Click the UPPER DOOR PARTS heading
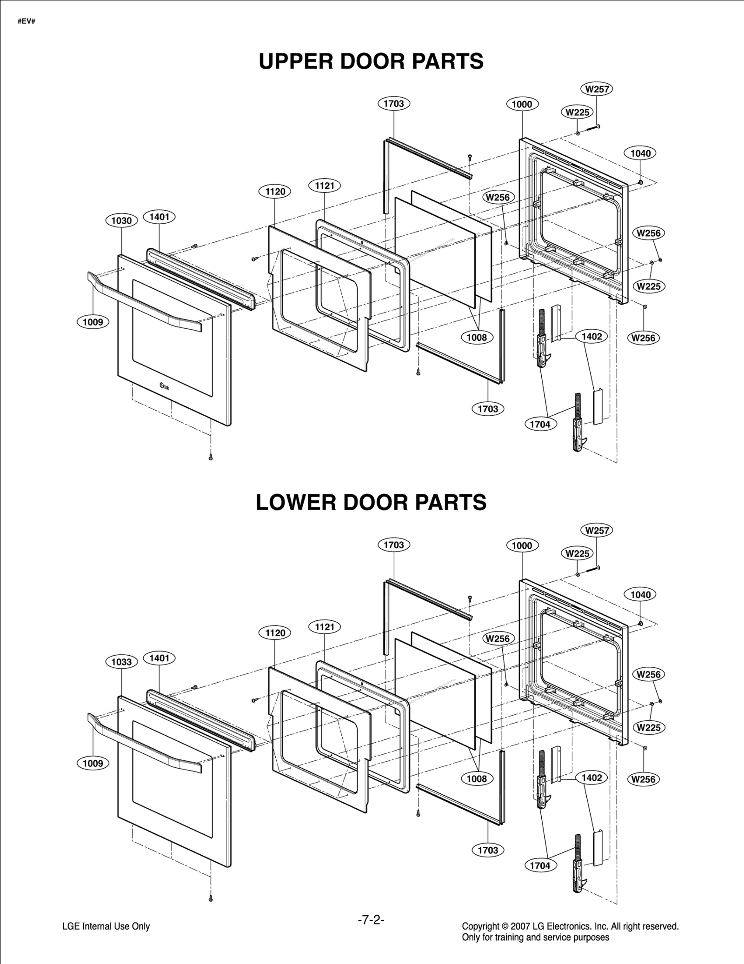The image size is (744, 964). [371, 61]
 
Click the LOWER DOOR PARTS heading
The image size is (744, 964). [371, 503]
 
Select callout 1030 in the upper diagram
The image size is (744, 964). [121, 220]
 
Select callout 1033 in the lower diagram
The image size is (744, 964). [121, 662]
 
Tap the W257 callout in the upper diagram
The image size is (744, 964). [597, 89]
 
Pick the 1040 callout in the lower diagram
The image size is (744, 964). [640, 594]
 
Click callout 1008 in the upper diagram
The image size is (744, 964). [477, 338]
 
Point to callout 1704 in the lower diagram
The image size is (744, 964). [540, 865]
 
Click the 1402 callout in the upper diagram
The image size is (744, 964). [591, 336]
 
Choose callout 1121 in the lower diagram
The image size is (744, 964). [325, 627]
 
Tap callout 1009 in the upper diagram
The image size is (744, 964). [93, 322]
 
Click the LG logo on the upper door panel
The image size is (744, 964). [164, 385]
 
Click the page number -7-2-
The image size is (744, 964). [371, 919]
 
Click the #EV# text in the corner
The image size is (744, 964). [27, 22]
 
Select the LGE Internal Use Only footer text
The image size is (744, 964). [106, 926]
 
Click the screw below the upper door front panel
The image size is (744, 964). [210, 457]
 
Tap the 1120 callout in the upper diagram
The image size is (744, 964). [275, 191]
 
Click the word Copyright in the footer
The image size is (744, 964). [480, 926]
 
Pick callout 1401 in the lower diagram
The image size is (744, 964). [159, 658]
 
